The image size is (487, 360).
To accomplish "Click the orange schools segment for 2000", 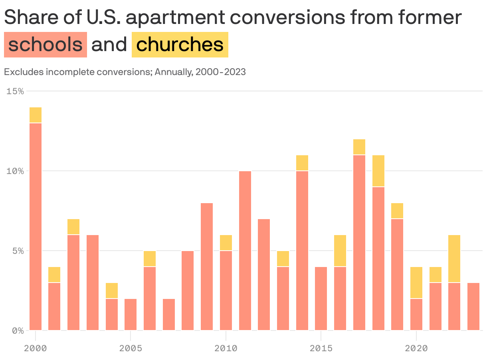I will [36, 226].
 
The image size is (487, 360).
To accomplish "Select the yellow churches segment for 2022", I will [454, 258].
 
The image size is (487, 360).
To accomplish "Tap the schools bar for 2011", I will [245, 250].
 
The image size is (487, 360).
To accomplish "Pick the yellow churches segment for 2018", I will [378, 170].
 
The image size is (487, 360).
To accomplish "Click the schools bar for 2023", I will [473, 306].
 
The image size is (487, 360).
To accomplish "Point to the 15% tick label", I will [15, 91].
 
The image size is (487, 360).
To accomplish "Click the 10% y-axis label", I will [15, 171].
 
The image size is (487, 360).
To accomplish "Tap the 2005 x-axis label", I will [131, 348].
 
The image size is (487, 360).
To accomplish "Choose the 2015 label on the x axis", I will [321, 348].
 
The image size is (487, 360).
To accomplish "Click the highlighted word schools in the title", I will [45, 45].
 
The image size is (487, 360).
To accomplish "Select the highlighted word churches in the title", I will [180, 45].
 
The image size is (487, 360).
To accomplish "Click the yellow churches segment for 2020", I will [416, 282].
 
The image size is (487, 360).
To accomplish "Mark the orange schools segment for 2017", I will [359, 242].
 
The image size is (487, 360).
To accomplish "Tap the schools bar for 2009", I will [207, 266].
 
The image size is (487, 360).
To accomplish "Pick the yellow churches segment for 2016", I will [340, 250].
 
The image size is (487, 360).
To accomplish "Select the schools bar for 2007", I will [169, 314].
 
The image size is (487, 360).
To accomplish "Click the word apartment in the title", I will [182, 18].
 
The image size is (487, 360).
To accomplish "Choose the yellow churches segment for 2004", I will [112, 290].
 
